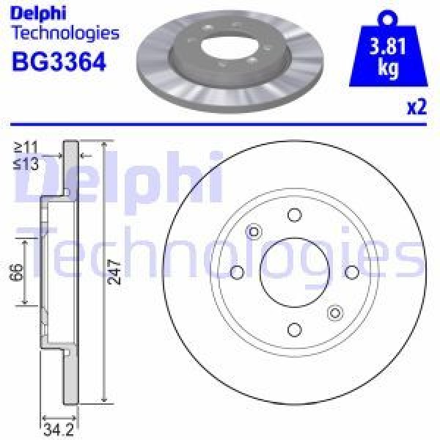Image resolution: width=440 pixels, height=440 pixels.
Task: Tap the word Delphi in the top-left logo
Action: pyautogui.click(x=39, y=12)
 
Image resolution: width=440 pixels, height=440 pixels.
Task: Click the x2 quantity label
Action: pyautogui.click(x=415, y=107)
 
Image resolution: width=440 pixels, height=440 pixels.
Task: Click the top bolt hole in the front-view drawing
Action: pyautogui.click(x=294, y=215)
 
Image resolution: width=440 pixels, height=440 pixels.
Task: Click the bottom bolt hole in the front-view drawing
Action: pyautogui.click(x=294, y=329)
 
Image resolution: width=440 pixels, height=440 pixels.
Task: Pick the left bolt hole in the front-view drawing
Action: pyautogui.click(x=237, y=272)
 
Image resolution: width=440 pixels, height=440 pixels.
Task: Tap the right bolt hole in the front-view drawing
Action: pyautogui.click(x=351, y=272)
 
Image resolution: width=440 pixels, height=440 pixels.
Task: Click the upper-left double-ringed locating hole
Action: pyautogui.click(x=254, y=232)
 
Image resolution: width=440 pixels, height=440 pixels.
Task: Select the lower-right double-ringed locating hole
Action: pyautogui.click(x=334, y=312)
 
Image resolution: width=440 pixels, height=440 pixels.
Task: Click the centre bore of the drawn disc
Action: pyautogui.click(x=294, y=272)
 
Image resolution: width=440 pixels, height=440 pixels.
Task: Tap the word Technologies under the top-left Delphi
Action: pyautogui.click(x=65, y=32)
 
